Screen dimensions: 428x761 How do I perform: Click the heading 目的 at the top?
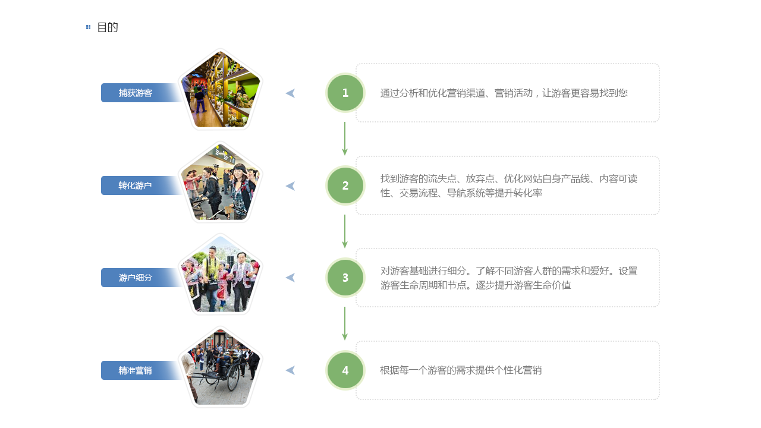click(108, 27)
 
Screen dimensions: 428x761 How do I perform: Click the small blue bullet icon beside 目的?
click(89, 27)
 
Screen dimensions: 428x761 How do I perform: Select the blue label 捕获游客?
click(136, 93)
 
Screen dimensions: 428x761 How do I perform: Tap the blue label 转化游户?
click(136, 185)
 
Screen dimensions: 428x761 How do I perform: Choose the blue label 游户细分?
click(136, 278)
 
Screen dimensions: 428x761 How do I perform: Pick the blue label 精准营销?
click(136, 370)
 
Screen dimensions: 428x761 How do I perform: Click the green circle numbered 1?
click(345, 93)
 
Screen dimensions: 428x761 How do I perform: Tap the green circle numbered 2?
click(345, 185)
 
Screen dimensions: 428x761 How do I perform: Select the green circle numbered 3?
click(345, 278)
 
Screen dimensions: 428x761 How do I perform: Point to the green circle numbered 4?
click(345, 370)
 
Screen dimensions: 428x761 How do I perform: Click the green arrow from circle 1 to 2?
click(345, 139)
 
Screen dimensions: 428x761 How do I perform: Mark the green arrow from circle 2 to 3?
click(345, 232)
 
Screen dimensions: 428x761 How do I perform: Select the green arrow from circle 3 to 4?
click(345, 324)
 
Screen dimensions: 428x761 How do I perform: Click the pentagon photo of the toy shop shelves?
click(221, 90)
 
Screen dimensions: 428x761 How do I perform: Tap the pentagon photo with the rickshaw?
click(221, 367)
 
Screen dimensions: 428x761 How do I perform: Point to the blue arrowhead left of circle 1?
click(290, 93)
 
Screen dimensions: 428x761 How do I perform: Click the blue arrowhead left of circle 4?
click(290, 370)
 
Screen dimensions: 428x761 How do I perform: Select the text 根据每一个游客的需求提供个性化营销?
click(461, 370)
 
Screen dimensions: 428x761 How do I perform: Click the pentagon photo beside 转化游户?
click(221, 183)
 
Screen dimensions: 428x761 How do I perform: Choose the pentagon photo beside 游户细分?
click(221, 275)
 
